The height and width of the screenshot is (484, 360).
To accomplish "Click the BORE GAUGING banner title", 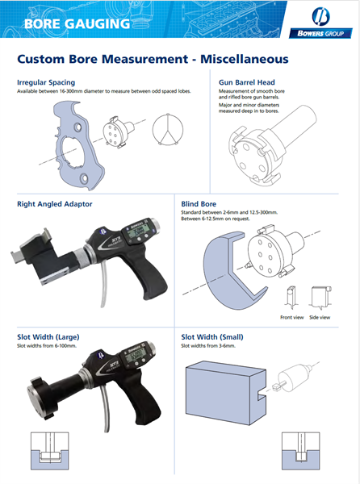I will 77,23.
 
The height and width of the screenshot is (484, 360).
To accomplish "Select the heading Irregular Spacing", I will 46,82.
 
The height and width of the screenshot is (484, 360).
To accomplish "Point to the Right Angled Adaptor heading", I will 56,204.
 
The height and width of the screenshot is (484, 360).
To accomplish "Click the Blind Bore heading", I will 200,204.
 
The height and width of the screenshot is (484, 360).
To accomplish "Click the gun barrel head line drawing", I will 258,145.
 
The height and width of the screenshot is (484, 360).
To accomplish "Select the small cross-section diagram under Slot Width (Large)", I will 48,451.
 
